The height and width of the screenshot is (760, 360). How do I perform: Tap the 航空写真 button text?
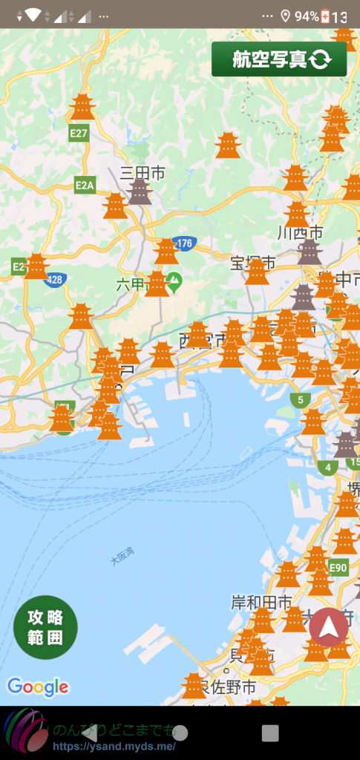click(x=269, y=59)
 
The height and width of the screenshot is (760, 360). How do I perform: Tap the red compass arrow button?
click(x=328, y=627)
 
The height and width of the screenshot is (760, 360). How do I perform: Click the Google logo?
click(x=37, y=687)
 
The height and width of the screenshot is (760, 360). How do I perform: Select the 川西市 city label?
click(x=299, y=232)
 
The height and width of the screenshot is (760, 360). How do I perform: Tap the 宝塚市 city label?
click(x=252, y=263)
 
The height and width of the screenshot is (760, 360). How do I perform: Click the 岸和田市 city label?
click(x=261, y=601)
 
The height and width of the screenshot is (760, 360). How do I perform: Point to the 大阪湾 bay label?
click(x=122, y=557)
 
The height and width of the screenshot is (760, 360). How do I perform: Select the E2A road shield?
click(x=85, y=185)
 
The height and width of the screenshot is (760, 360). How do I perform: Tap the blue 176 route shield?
click(x=183, y=243)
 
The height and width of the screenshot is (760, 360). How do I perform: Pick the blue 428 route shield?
click(x=55, y=279)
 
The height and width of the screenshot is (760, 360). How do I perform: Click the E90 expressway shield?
click(x=338, y=568)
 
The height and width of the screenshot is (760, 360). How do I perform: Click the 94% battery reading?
click(x=307, y=16)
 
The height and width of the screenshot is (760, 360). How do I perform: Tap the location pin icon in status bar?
click(x=286, y=16)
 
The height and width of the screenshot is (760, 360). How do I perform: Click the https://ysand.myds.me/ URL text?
click(x=114, y=746)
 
